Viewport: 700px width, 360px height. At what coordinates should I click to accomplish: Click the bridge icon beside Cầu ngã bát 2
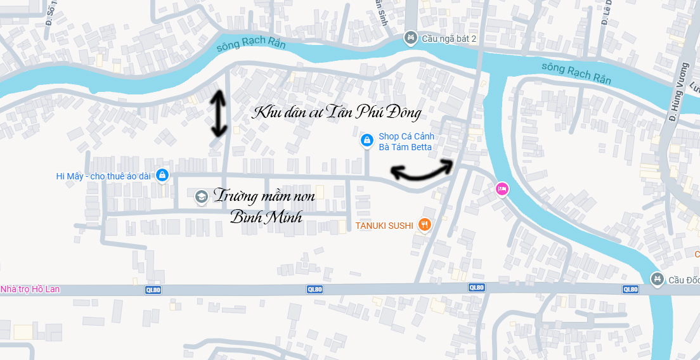tap(411, 39)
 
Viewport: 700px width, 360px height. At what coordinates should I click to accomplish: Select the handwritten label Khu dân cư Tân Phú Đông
tap(337, 113)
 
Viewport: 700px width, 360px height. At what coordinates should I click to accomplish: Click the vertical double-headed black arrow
tap(219, 114)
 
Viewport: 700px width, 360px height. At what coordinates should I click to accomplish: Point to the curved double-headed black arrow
tap(422, 169)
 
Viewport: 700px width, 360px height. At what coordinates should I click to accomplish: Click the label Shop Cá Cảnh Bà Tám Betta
tap(406, 142)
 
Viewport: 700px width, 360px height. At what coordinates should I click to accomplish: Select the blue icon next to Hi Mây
tap(162, 175)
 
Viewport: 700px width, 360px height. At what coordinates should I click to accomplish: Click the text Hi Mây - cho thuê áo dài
tap(103, 176)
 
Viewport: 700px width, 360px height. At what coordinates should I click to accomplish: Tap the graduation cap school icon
tap(201, 197)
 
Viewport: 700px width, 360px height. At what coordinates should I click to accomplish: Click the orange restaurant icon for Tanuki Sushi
tap(425, 224)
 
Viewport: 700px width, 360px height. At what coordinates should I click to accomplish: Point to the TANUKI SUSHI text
tap(384, 225)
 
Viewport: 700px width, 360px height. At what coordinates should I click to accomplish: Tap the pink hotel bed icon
tap(502, 188)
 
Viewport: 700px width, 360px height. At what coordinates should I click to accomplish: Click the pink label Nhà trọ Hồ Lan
tap(30, 289)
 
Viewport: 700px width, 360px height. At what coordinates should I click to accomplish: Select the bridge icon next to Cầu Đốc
tap(658, 279)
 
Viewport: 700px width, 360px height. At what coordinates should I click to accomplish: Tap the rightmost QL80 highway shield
tap(630, 289)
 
